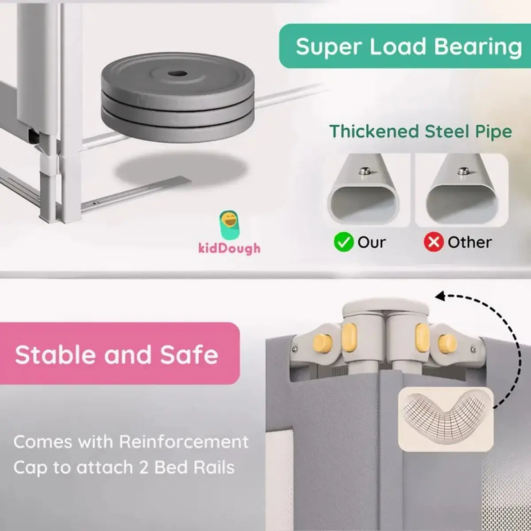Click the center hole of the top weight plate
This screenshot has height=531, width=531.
coord(177,73)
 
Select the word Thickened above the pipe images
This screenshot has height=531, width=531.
coord(374,131)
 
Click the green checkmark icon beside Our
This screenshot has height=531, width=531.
coord(343,242)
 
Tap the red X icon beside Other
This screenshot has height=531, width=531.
coord(434,242)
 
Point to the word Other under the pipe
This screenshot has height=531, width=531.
coord(469,242)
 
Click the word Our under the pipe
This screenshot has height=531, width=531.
coord(371,242)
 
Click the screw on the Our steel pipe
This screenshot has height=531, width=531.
coord(365,170)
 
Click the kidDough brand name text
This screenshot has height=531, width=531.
coord(229,248)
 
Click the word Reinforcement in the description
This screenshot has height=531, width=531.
coord(184,442)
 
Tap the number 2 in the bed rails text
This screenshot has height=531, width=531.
coord(143,468)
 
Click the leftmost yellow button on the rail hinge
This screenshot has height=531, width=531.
coord(323,343)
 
